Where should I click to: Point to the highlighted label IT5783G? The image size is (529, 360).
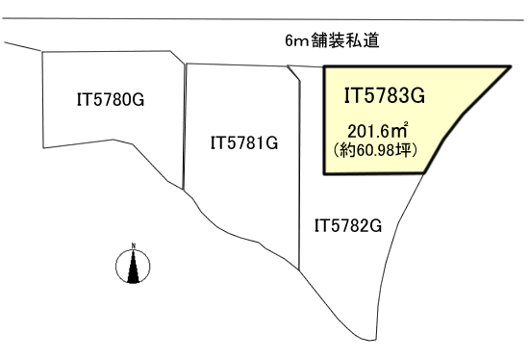(384, 94)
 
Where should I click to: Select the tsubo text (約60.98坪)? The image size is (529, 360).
(381, 150)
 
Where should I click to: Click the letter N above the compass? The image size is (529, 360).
(134, 244)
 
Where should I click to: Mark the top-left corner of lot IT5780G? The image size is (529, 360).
(42, 53)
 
